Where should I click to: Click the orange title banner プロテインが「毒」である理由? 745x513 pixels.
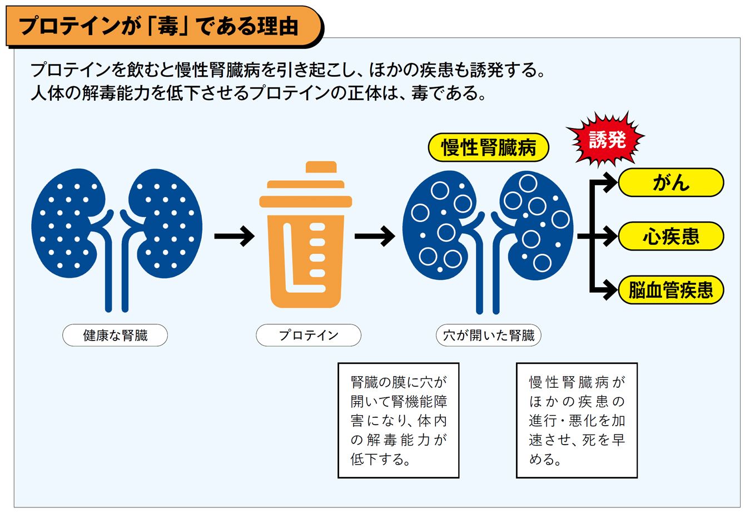coord(161,26)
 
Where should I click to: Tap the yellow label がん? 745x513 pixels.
coord(670,182)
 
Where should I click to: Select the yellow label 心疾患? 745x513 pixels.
coord(670,236)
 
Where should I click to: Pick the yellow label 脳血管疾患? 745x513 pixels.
coord(670,290)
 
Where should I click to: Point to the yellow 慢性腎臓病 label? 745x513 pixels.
coord(488,149)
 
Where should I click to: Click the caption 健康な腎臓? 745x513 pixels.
coord(115,335)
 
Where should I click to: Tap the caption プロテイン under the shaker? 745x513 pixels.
coord(308,335)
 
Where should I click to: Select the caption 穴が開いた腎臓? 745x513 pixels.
coord(488,335)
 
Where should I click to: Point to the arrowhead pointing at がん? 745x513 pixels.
coord(610,182)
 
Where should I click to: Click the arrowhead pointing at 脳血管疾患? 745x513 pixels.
coord(610,290)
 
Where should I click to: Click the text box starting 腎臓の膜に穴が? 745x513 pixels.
coord(398,420)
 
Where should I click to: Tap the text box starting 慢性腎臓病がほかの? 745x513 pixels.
coord(577,420)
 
